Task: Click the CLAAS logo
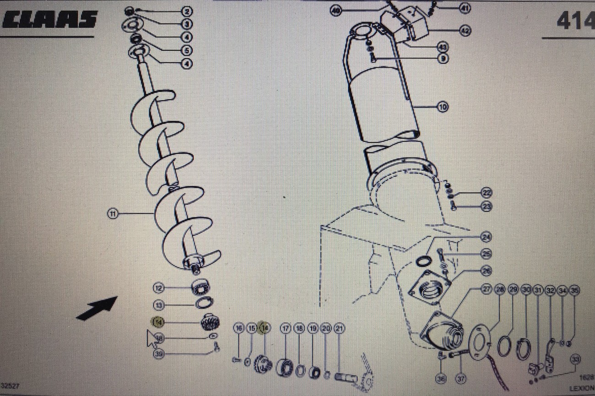(x=49, y=20)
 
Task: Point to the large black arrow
(x=97, y=309)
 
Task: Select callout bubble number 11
(x=113, y=213)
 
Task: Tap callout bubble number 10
(x=442, y=107)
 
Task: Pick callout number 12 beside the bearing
(x=159, y=288)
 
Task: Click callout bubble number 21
(x=339, y=328)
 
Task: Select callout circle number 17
(x=286, y=328)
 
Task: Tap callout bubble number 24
(x=486, y=237)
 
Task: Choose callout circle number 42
(x=465, y=31)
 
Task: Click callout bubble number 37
(x=461, y=379)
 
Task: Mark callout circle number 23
(x=487, y=207)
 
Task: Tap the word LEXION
(x=582, y=388)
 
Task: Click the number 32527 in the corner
(x=10, y=386)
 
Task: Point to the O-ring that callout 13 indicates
(x=204, y=303)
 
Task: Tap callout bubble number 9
(x=442, y=59)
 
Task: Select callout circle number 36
(x=441, y=379)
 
